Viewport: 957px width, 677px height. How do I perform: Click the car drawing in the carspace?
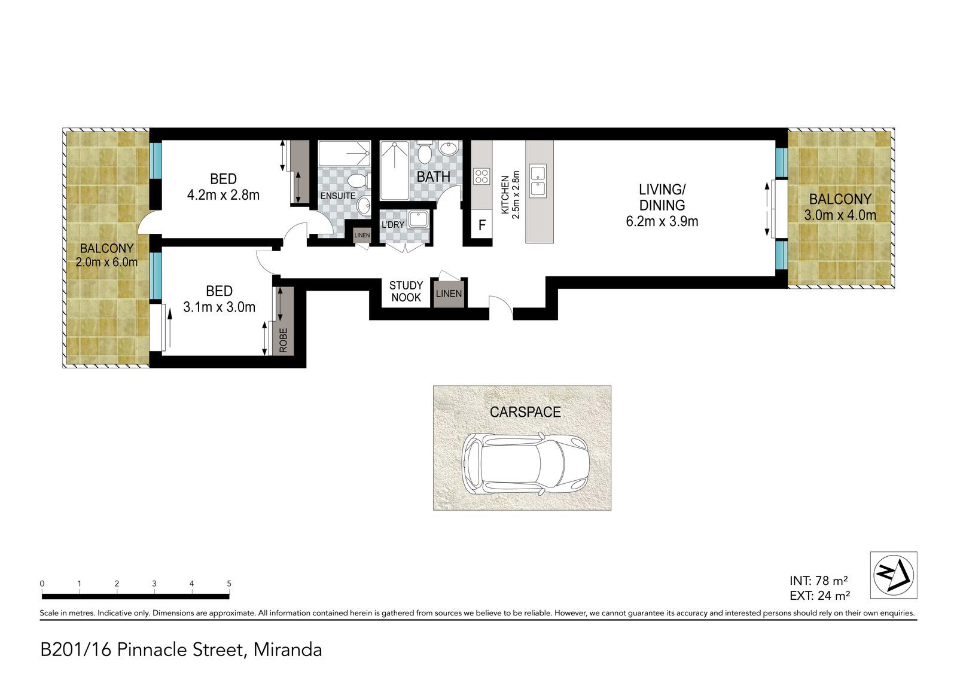525,464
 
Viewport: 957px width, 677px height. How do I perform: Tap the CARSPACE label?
525,411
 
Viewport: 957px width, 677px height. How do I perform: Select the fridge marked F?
481,225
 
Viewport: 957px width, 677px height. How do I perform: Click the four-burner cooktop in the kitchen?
481,176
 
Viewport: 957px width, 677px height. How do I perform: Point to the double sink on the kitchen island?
538,181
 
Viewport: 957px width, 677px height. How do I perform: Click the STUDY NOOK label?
406,291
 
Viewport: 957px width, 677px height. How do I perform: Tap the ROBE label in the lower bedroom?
284,340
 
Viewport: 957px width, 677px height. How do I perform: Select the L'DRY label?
392,224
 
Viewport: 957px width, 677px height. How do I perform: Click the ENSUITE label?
338,196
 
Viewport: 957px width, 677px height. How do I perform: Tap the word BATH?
433,176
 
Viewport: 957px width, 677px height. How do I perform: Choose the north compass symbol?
894,575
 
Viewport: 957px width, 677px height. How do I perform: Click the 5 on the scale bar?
229,584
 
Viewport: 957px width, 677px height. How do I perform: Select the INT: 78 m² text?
819,581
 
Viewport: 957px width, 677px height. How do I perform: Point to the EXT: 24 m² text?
819,595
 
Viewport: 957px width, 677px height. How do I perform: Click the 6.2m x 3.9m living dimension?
662,222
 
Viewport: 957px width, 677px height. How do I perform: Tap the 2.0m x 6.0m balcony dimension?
107,262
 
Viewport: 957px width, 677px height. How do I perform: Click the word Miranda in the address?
288,650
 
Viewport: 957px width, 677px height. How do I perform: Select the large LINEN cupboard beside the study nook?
449,294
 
